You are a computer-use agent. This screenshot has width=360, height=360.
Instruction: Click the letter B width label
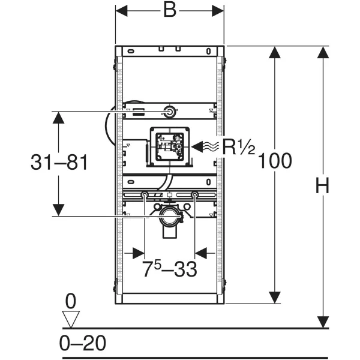coord(170,10)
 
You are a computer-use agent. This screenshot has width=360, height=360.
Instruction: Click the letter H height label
coord(323,185)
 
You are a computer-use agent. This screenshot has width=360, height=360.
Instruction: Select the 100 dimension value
coord(275,161)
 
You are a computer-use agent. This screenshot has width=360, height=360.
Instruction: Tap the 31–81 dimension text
coord(59,162)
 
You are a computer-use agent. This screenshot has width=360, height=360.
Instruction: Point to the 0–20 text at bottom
coord(83,343)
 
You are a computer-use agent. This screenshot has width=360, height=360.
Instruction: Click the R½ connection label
coord(239,147)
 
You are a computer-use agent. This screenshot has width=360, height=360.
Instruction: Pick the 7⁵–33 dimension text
coord(169,269)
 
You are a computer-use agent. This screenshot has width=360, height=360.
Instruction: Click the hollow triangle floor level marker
coord(71,319)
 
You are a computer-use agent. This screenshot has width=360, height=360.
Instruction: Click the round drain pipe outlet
coord(170,216)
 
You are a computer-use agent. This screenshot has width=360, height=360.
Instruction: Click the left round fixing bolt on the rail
coord(145,195)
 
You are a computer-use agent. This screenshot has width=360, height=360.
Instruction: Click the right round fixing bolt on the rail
coord(194,195)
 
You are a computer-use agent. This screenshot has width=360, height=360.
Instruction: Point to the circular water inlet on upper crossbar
coord(170,112)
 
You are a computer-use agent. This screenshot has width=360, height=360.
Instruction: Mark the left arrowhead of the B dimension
coord(121,11)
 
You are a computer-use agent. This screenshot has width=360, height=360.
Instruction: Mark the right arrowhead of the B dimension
coord(218,11)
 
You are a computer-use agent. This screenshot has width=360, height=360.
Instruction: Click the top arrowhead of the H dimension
coord(323,52)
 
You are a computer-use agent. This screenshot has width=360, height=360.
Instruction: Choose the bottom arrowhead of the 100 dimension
coord(275,298)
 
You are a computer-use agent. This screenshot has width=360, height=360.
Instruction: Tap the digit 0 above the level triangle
coord(71,301)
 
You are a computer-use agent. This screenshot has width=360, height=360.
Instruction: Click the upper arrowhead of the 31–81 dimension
coord(58,118)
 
